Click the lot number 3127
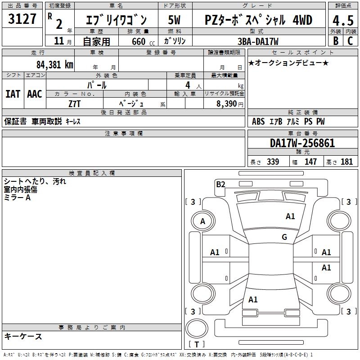coord(22,19)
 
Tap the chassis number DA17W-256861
coord(302,143)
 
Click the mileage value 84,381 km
coord(54,64)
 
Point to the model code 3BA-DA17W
coord(257,41)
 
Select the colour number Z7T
coord(75,103)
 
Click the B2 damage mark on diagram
coord(220,184)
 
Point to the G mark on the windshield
coord(284,237)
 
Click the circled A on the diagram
coord(202,221)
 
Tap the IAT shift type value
coord(13,94)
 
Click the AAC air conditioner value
coord(34,94)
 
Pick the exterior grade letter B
coord(335,41)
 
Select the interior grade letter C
coord(350,41)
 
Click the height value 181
coord(347,162)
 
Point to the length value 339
coord(273,162)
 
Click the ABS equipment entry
coord(258,121)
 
